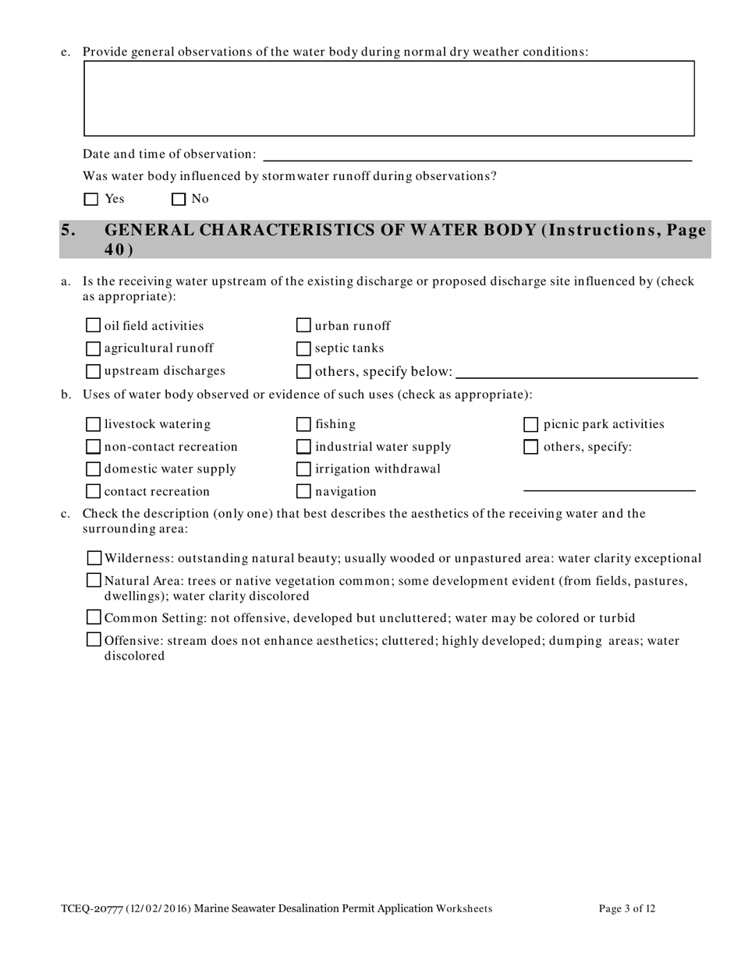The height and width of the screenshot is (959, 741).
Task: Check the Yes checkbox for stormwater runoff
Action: click(x=91, y=199)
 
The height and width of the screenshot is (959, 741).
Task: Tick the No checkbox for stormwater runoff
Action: click(x=179, y=199)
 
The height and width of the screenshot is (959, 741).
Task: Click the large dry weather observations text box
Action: click(x=388, y=98)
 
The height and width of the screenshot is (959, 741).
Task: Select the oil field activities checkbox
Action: click(x=93, y=325)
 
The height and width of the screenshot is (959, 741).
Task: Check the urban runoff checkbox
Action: click(x=304, y=325)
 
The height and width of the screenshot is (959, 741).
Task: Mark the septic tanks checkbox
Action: click(x=304, y=348)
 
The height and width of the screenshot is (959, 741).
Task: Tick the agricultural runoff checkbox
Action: click(x=93, y=348)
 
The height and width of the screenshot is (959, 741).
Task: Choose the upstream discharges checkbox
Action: click(x=93, y=370)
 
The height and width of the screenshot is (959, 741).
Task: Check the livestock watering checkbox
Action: click(x=93, y=424)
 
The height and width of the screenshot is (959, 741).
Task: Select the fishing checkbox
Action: click(x=304, y=424)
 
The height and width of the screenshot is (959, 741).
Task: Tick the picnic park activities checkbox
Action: click(x=530, y=424)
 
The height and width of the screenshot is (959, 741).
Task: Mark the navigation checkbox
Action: click(x=304, y=491)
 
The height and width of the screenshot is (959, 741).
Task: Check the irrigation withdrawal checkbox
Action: click(x=304, y=469)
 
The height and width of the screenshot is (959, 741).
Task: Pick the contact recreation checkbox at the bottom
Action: click(x=93, y=491)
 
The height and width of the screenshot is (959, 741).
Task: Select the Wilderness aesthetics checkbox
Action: click(x=94, y=557)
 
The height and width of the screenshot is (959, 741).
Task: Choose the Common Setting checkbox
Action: click(x=94, y=618)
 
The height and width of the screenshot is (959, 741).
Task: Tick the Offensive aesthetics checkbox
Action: click(x=94, y=640)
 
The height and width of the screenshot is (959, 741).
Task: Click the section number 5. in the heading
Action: click(x=69, y=230)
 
